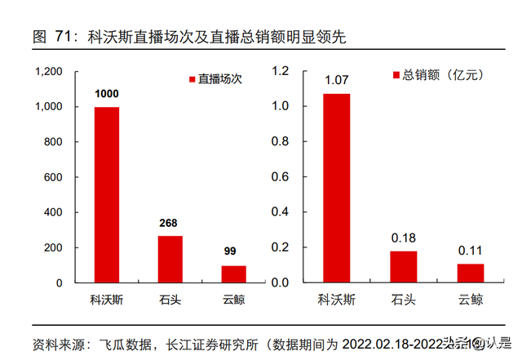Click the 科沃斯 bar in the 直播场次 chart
[x=107, y=194]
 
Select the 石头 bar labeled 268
[x=170, y=259]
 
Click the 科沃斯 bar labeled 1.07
[x=337, y=188]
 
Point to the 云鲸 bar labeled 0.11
[x=470, y=273]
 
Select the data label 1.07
[x=337, y=80]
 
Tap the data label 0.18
[x=403, y=238]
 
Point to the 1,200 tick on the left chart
[x=49, y=72]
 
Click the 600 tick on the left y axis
[x=54, y=177]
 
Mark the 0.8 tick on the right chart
[x=280, y=142]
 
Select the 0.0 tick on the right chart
[x=280, y=282]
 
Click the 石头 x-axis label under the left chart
[x=170, y=299]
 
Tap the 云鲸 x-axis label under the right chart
[x=470, y=299]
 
